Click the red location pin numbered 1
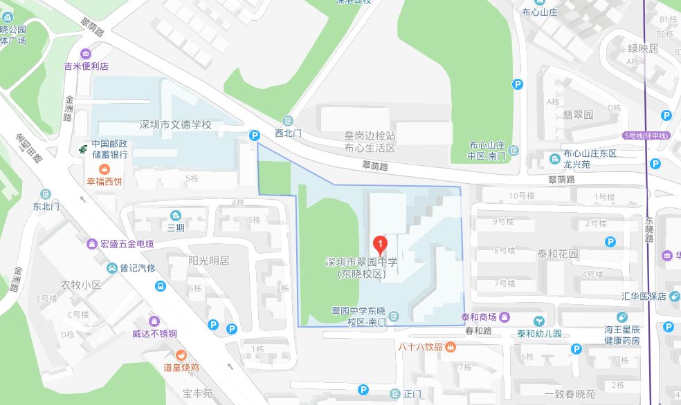380,244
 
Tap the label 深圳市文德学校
175,125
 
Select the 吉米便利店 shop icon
86,54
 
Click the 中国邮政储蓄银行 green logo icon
83,147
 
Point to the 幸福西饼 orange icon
104,169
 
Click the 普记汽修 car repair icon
112,267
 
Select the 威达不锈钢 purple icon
154,321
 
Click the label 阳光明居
208,261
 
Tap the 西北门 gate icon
289,120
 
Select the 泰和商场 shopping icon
506,317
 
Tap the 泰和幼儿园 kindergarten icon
539,321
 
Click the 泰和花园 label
558,254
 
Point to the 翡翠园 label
579,115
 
